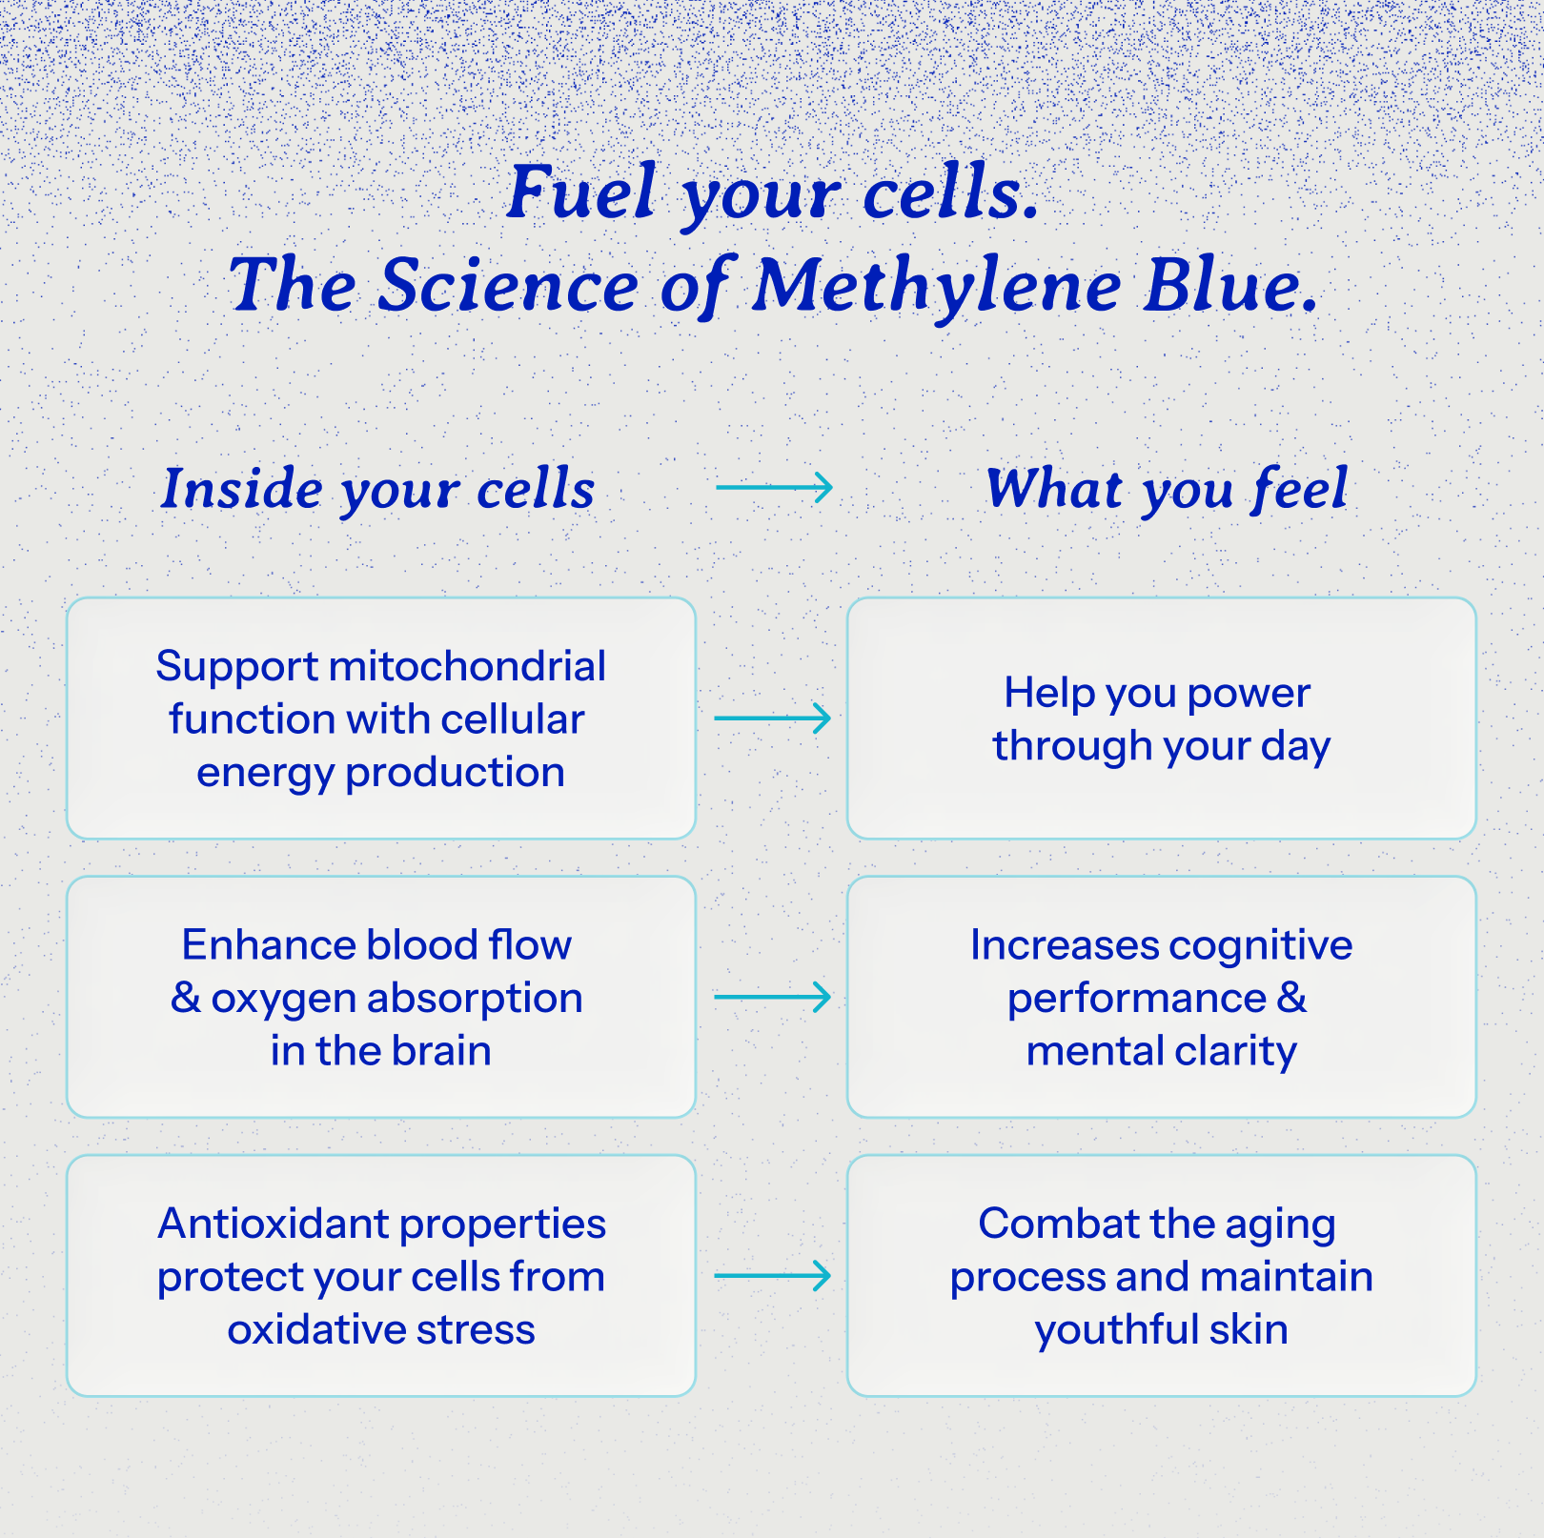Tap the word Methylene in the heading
937,286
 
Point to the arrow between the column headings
774,487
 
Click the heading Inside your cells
377,489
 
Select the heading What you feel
1167,489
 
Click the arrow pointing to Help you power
772,718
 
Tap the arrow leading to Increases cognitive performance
772,997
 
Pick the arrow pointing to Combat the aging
772,1275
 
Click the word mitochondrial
467,666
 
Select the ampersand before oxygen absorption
185,998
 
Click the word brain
440,1051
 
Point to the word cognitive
1260,945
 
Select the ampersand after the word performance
1292,998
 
